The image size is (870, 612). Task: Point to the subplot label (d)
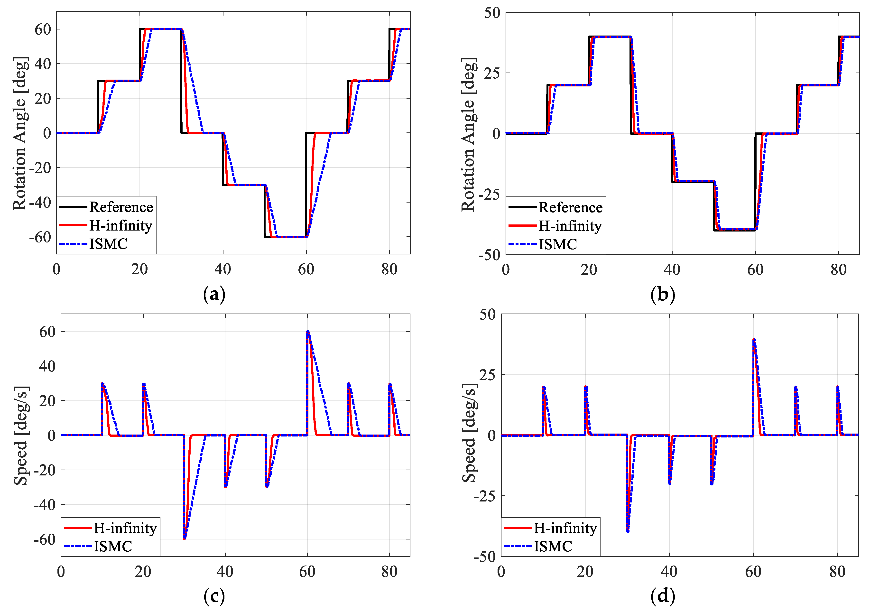[x=662, y=596]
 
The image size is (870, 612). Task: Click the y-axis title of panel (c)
[x=21, y=436]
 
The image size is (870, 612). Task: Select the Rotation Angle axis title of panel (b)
[x=469, y=135]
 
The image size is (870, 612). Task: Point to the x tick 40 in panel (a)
[x=222, y=269]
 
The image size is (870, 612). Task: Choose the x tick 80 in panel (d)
[x=837, y=572]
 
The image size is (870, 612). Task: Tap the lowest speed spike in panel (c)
[x=185, y=538]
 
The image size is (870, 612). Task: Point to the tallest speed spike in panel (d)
[x=754, y=340]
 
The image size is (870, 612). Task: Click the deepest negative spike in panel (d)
[x=628, y=531]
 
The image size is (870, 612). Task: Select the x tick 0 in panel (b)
[x=506, y=270]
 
